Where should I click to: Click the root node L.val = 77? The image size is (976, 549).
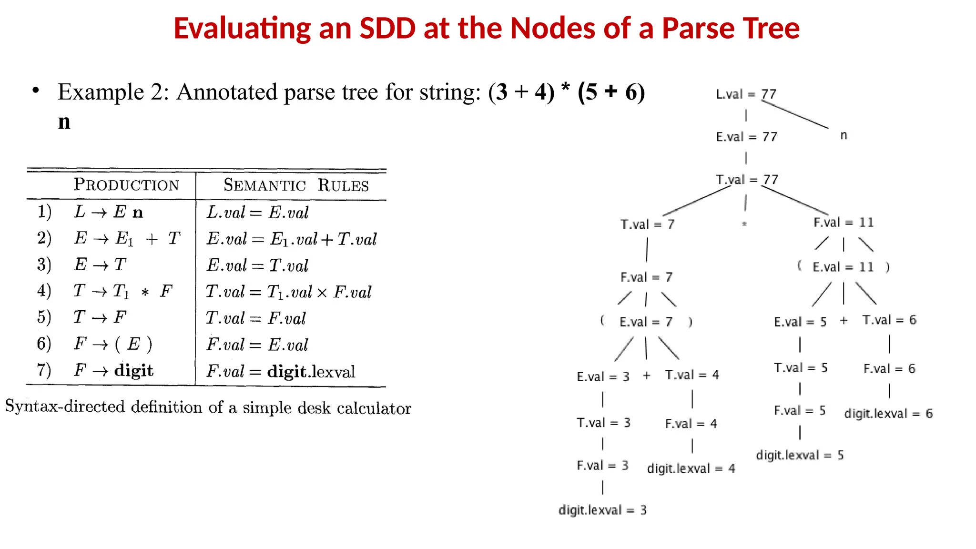pos(746,94)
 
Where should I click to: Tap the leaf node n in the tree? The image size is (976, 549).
pos(844,135)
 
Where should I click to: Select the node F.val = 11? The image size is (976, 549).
pos(843,223)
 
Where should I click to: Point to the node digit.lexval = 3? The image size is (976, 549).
pos(602,510)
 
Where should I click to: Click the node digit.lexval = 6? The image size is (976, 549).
pos(888,413)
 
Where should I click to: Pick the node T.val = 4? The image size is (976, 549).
pos(692,375)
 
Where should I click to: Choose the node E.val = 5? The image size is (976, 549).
pos(800,322)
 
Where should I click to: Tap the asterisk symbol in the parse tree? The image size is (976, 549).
pos(744,224)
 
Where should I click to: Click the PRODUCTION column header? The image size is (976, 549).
pos(126,184)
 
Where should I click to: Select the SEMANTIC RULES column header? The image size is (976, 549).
pos(296,185)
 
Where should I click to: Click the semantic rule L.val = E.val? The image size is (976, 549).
pos(257,212)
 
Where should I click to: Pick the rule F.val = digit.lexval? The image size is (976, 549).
pos(281,371)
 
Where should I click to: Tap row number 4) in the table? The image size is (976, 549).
pos(44,291)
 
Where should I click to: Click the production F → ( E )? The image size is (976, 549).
pos(113,344)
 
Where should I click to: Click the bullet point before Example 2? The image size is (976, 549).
pos(36,91)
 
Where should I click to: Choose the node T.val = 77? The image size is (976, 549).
pos(747,180)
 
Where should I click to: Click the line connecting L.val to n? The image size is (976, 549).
pos(795,114)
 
